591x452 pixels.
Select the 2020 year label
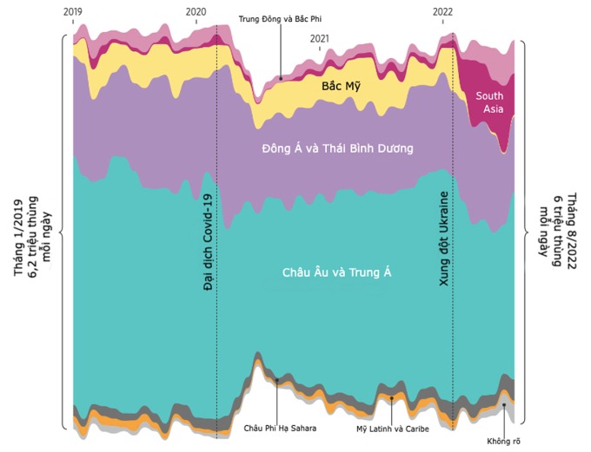(197, 11)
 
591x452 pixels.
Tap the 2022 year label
(443, 11)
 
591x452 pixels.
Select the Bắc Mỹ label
(340, 87)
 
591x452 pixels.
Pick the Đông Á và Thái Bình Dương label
(337, 148)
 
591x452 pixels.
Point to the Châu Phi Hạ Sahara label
(280, 428)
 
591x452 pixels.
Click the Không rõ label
(504, 442)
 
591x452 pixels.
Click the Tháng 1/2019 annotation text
(33, 234)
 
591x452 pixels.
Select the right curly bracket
(526, 233)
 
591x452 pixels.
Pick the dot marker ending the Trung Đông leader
(280, 78)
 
